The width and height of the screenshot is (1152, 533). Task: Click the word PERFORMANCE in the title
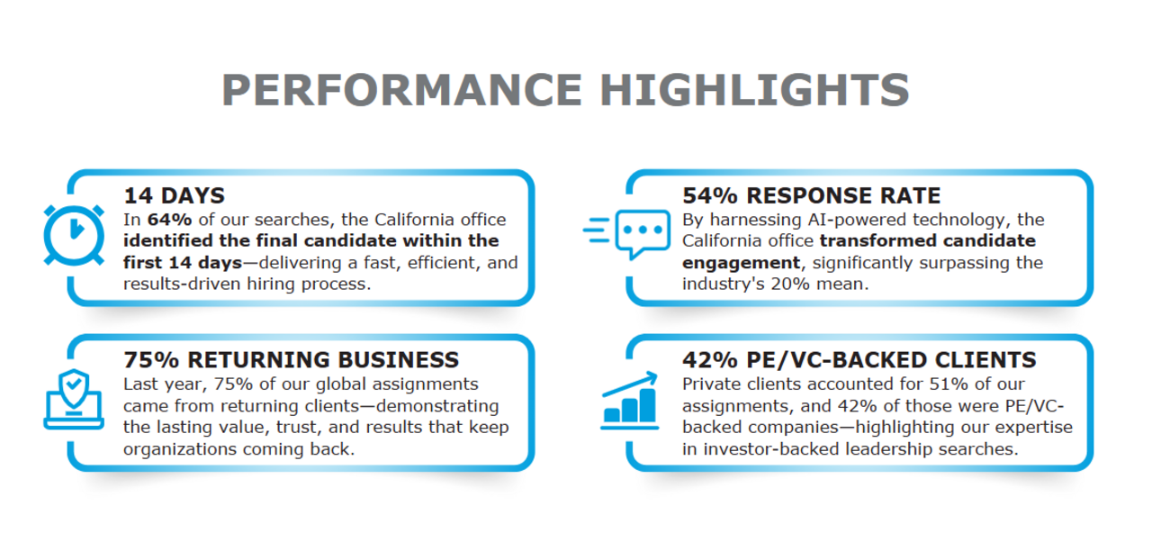click(401, 90)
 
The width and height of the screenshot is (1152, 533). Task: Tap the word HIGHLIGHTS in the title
click(754, 90)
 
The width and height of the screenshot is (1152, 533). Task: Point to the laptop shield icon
click(74, 399)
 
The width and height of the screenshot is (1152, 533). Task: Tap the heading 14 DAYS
click(174, 196)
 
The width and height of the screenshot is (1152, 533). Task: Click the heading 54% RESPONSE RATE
click(811, 196)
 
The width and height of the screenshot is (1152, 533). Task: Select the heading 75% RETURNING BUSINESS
click(291, 360)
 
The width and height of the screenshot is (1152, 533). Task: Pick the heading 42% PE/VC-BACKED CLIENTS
click(859, 360)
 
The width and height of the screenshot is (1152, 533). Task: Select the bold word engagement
click(741, 263)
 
